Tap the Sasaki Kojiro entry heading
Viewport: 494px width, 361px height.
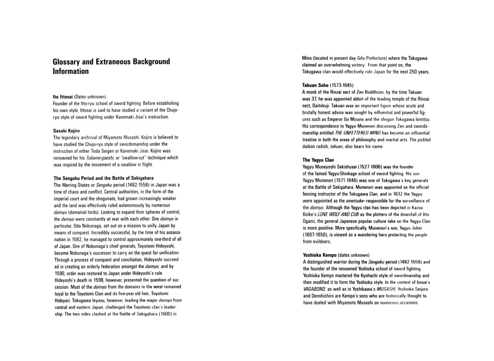click(x=66, y=131)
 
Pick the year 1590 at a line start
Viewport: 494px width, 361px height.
click(x=60, y=273)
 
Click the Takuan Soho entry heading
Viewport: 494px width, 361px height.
click(x=315, y=85)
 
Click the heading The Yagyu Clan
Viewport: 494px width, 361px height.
click(x=318, y=160)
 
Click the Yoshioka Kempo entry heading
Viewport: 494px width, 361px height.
click(x=320, y=255)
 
